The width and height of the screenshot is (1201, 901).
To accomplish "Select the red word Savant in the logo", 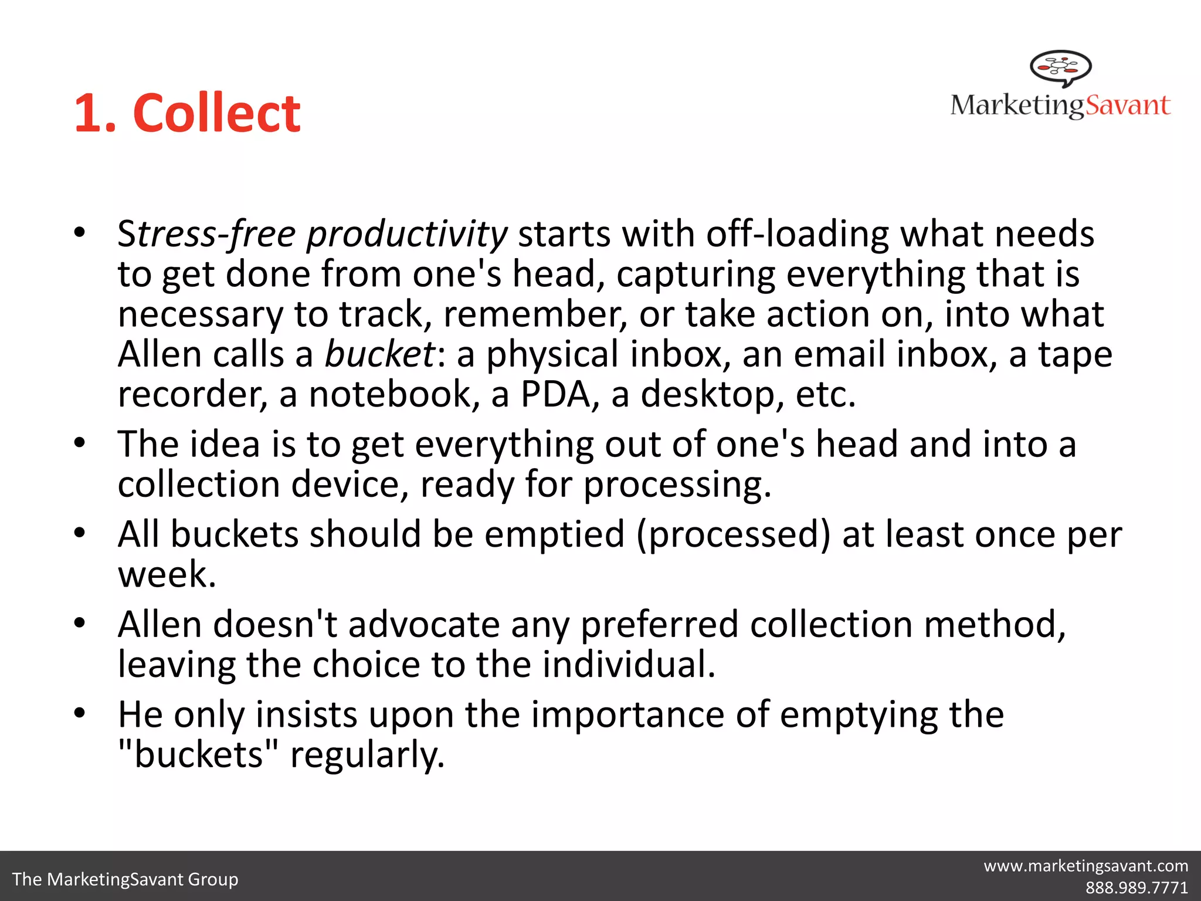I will (1128, 106).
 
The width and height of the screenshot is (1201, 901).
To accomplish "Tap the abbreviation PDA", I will (555, 394).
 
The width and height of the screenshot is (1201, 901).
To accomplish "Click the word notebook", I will (390, 394).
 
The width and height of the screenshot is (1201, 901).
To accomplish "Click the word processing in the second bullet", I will (677, 485).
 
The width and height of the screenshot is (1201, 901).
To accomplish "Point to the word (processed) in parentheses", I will (734, 534).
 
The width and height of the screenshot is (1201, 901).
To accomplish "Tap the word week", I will (167, 574).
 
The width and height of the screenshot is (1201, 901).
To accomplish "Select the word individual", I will (628, 665).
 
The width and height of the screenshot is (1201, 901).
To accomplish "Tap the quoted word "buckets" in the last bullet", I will (198, 754).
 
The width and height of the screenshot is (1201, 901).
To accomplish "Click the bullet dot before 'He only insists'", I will (80, 713).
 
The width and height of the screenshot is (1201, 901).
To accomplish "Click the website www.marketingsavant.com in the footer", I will (1085, 866).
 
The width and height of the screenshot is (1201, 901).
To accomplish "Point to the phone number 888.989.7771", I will (1136, 888).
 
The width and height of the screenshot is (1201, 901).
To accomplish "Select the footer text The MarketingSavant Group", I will (125, 879).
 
